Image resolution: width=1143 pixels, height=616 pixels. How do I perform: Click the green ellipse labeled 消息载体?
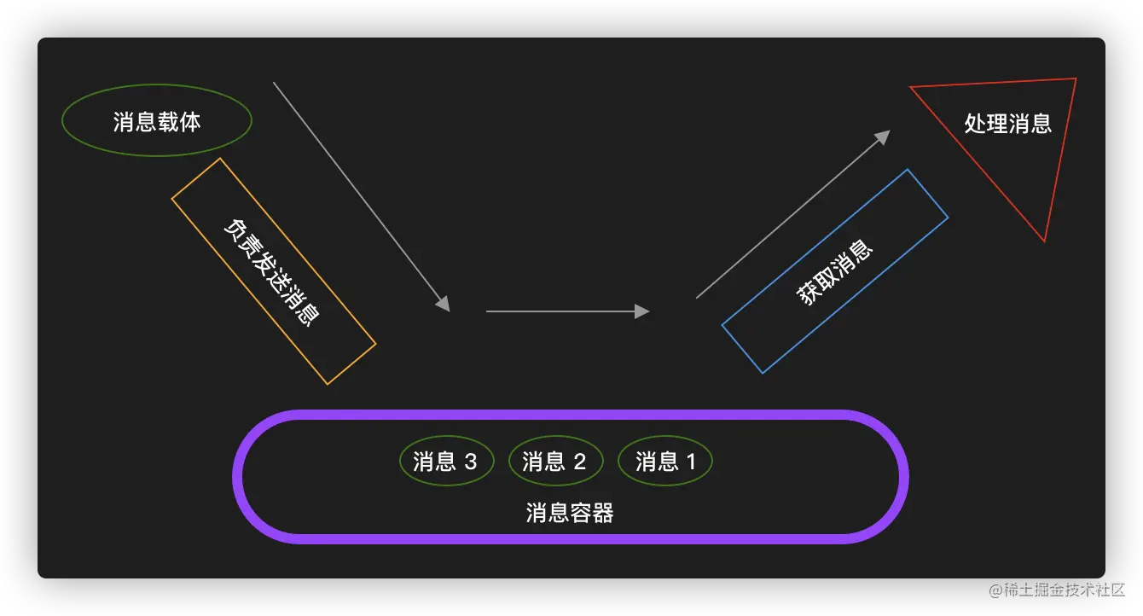(x=157, y=121)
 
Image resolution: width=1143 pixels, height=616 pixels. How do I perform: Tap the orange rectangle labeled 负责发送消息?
(x=274, y=271)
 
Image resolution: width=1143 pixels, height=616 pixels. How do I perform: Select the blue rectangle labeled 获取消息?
(x=835, y=271)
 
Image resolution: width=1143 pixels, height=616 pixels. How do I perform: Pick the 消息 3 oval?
(x=446, y=462)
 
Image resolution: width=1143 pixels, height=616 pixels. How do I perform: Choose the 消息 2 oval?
(x=555, y=462)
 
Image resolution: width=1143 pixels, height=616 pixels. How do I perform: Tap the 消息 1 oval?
(x=664, y=462)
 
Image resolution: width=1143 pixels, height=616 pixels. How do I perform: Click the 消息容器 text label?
(x=570, y=513)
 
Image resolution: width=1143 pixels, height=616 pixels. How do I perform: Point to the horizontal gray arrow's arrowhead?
(x=643, y=311)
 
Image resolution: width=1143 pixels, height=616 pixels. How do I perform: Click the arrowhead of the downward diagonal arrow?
(x=444, y=305)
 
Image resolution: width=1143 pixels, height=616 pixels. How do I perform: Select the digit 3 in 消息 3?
(x=471, y=462)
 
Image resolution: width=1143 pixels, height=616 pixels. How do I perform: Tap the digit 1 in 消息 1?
(x=691, y=462)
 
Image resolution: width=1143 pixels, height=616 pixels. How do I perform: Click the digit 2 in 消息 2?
(x=580, y=462)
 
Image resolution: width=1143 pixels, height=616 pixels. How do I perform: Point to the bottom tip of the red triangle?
(x=1044, y=241)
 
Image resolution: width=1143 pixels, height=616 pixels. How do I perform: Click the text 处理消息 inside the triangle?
(x=1008, y=124)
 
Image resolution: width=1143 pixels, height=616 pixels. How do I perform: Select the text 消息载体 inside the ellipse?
(x=157, y=121)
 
